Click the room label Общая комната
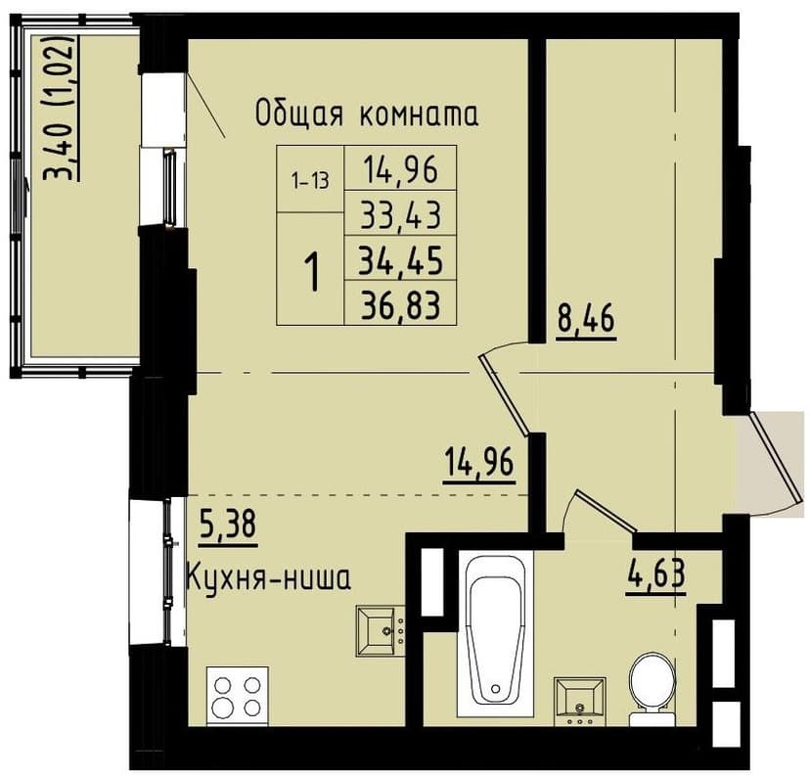point(367,114)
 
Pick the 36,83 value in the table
point(401,305)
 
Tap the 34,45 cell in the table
point(401,259)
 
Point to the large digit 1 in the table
point(311,271)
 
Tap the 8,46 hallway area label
point(586,320)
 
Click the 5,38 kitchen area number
point(228,526)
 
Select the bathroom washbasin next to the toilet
point(580,700)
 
